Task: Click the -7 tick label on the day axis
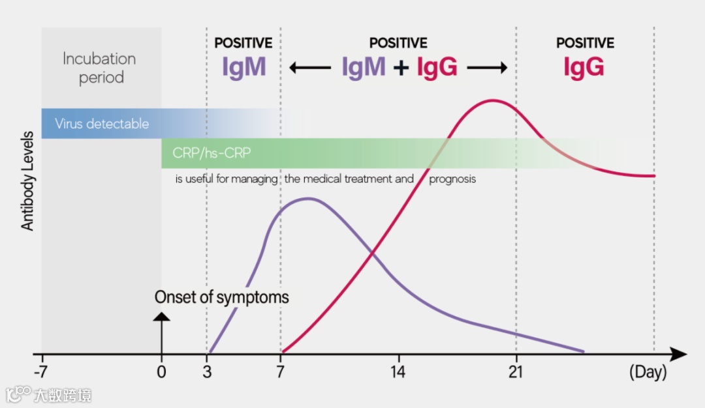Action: click(x=42, y=372)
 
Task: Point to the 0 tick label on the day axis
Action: click(x=162, y=372)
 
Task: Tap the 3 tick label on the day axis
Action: click(x=207, y=372)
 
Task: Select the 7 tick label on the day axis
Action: click(x=281, y=372)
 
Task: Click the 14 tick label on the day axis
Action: click(x=398, y=372)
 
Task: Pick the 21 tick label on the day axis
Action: click(x=516, y=372)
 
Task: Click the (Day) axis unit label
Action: click(x=648, y=372)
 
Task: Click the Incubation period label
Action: click(x=100, y=68)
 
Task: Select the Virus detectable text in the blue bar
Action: click(x=102, y=124)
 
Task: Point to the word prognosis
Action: click(x=452, y=179)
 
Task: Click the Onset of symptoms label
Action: click(x=221, y=298)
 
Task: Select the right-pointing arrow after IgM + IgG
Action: click(x=487, y=67)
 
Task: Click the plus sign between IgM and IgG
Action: click(x=401, y=67)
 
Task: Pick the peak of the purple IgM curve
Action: click(x=307, y=198)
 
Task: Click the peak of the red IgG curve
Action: click(x=493, y=100)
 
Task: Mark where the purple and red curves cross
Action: click(x=373, y=252)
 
